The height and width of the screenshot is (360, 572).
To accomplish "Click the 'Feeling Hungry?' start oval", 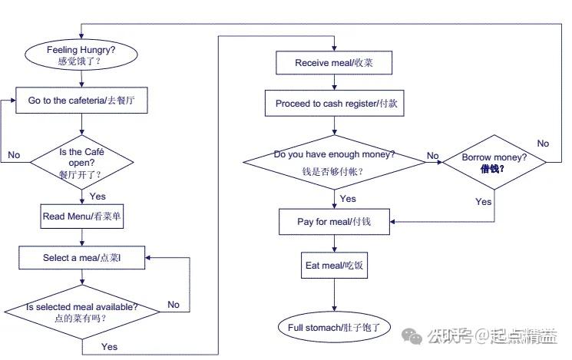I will point(81,54).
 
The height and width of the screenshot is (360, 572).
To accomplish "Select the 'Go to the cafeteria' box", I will point(81,100).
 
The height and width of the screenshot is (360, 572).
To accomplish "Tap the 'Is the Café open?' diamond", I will point(81,162).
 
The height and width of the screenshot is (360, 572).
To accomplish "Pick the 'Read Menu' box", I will point(82,216).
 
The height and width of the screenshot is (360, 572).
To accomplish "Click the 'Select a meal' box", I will point(81,258).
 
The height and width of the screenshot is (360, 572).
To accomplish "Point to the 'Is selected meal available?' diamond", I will point(81,312).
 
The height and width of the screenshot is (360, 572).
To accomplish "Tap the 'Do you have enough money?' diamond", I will point(335,161).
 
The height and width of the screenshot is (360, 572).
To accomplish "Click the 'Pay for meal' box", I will point(334,223).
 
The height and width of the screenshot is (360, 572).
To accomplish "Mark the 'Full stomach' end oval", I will point(334,327).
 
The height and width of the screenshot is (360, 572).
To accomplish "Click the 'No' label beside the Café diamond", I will point(14,155).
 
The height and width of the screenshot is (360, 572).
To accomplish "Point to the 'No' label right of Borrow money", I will point(543,144).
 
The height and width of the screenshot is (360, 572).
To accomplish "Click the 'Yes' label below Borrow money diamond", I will point(483,202).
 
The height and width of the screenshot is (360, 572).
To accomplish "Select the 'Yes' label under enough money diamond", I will point(347,199).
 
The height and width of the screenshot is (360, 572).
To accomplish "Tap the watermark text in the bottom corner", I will point(491,336).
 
